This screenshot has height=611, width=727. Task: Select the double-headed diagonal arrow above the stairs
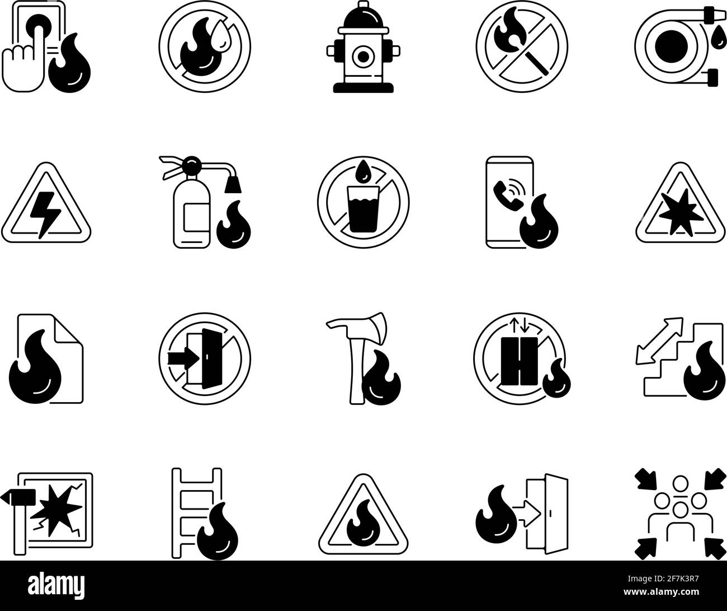pyautogui.click(x=659, y=340)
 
